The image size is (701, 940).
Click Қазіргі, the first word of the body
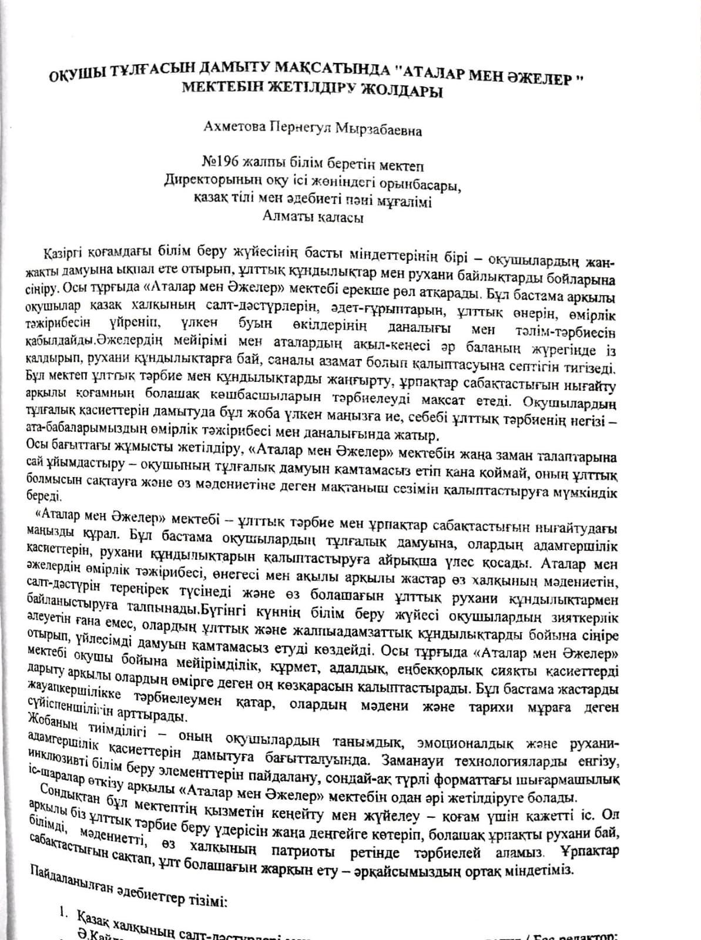click(x=63, y=254)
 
